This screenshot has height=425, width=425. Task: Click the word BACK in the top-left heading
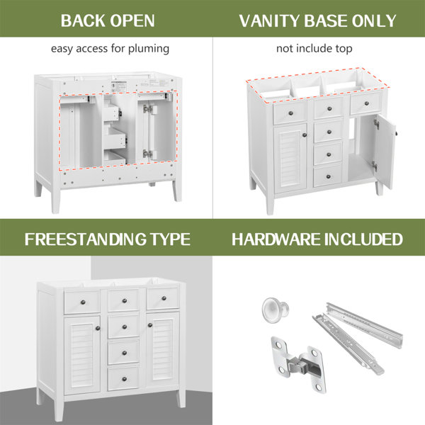coord(83,21)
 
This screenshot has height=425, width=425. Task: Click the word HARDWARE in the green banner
coord(276,239)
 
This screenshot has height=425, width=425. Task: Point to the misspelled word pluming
coord(149,49)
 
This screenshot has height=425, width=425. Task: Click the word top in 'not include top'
coord(344,49)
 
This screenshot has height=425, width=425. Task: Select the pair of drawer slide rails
coord(357,337)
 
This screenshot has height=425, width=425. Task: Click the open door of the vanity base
coord(385,152)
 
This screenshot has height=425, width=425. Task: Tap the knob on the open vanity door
coord(396,133)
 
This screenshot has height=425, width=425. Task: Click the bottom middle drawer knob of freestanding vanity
coord(125,379)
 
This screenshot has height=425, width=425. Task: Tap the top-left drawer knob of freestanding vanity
coord(83,302)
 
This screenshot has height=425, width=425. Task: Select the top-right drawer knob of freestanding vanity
coord(164,298)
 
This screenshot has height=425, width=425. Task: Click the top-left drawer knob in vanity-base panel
coord(291,113)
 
